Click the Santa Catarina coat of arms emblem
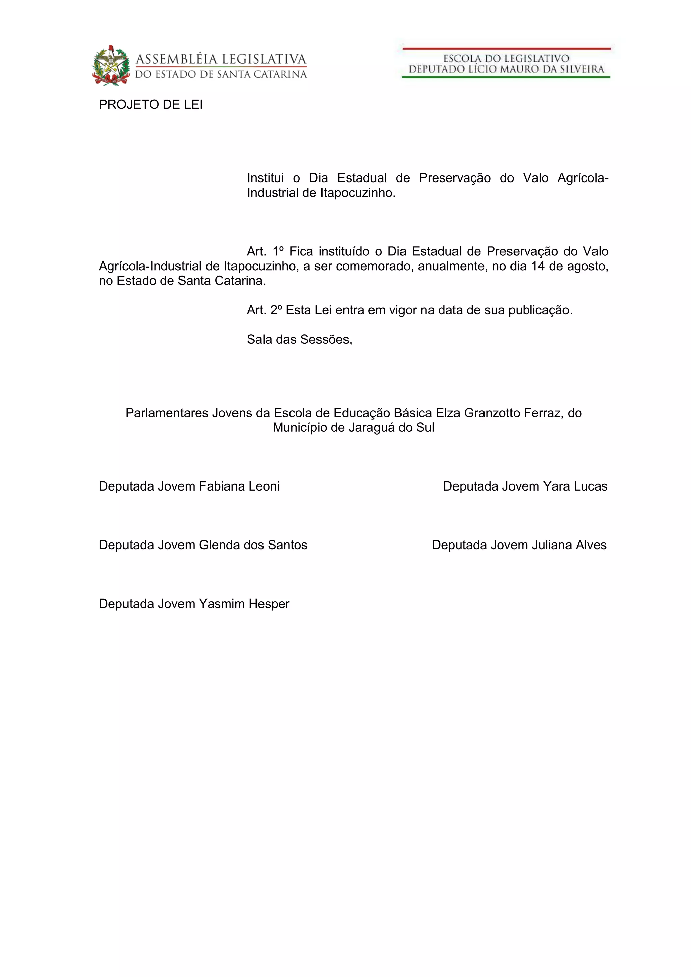coord(111,65)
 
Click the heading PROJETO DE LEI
coord(150,105)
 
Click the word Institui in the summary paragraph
coord(265,178)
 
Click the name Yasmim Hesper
coord(244,604)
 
